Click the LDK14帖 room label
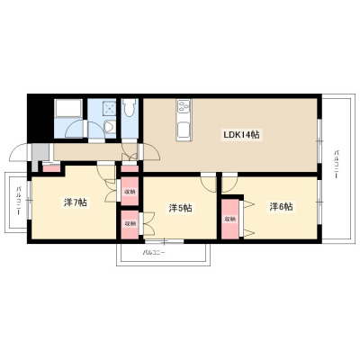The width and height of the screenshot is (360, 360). (241, 135)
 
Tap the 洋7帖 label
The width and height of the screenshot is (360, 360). (76, 202)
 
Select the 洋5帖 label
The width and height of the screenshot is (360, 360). (180, 208)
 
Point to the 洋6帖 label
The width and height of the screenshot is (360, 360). (281, 207)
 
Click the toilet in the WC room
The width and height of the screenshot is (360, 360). (130, 108)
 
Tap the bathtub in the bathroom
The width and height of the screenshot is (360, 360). (68, 109)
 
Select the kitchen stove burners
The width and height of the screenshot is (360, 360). (183, 106)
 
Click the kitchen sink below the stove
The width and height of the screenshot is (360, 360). (183, 130)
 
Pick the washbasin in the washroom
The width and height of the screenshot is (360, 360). (109, 127)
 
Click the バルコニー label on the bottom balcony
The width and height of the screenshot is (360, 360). (154, 253)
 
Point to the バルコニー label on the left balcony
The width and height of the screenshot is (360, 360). (19, 200)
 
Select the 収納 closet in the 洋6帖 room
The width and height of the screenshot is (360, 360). (230, 219)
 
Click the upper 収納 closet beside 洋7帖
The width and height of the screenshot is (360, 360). (130, 191)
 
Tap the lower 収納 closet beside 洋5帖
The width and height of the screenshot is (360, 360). (130, 224)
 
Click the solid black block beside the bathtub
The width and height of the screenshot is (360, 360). (40, 119)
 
